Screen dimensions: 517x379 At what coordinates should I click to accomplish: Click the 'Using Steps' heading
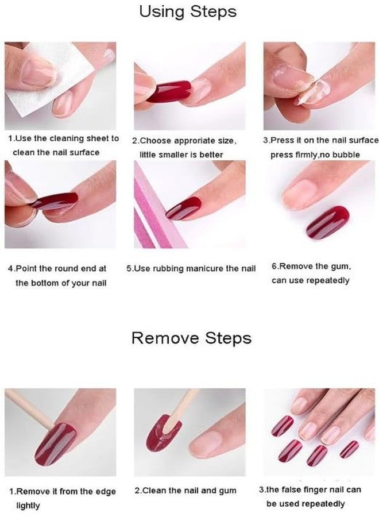tap(188, 11)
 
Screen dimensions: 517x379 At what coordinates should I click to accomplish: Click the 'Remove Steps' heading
tap(191, 338)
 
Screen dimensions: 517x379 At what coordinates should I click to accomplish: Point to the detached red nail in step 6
tap(328, 222)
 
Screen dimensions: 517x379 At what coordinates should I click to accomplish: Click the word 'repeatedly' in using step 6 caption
tap(327, 281)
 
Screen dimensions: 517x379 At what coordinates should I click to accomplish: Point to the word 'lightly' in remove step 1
tap(28, 506)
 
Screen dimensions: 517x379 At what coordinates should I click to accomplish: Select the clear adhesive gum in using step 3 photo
tap(315, 92)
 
